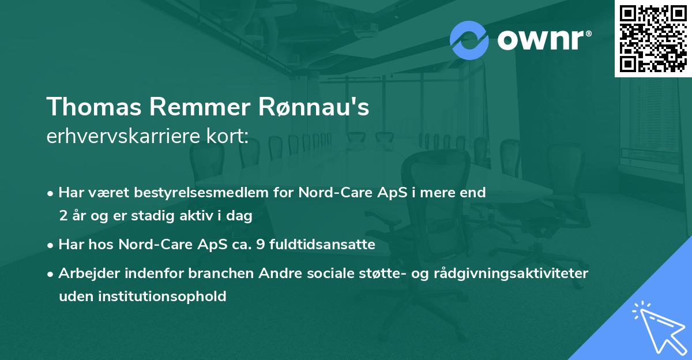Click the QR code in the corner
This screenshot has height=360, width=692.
pos(653,38)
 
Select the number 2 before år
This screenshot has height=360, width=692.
pos(62,216)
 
